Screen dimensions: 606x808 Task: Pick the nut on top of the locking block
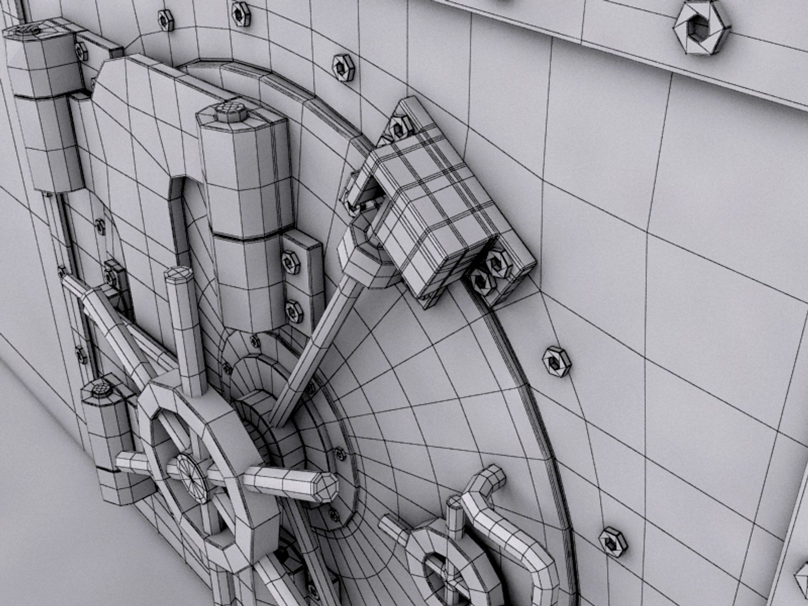tap(397, 127)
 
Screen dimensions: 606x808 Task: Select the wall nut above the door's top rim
tap(340, 66)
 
